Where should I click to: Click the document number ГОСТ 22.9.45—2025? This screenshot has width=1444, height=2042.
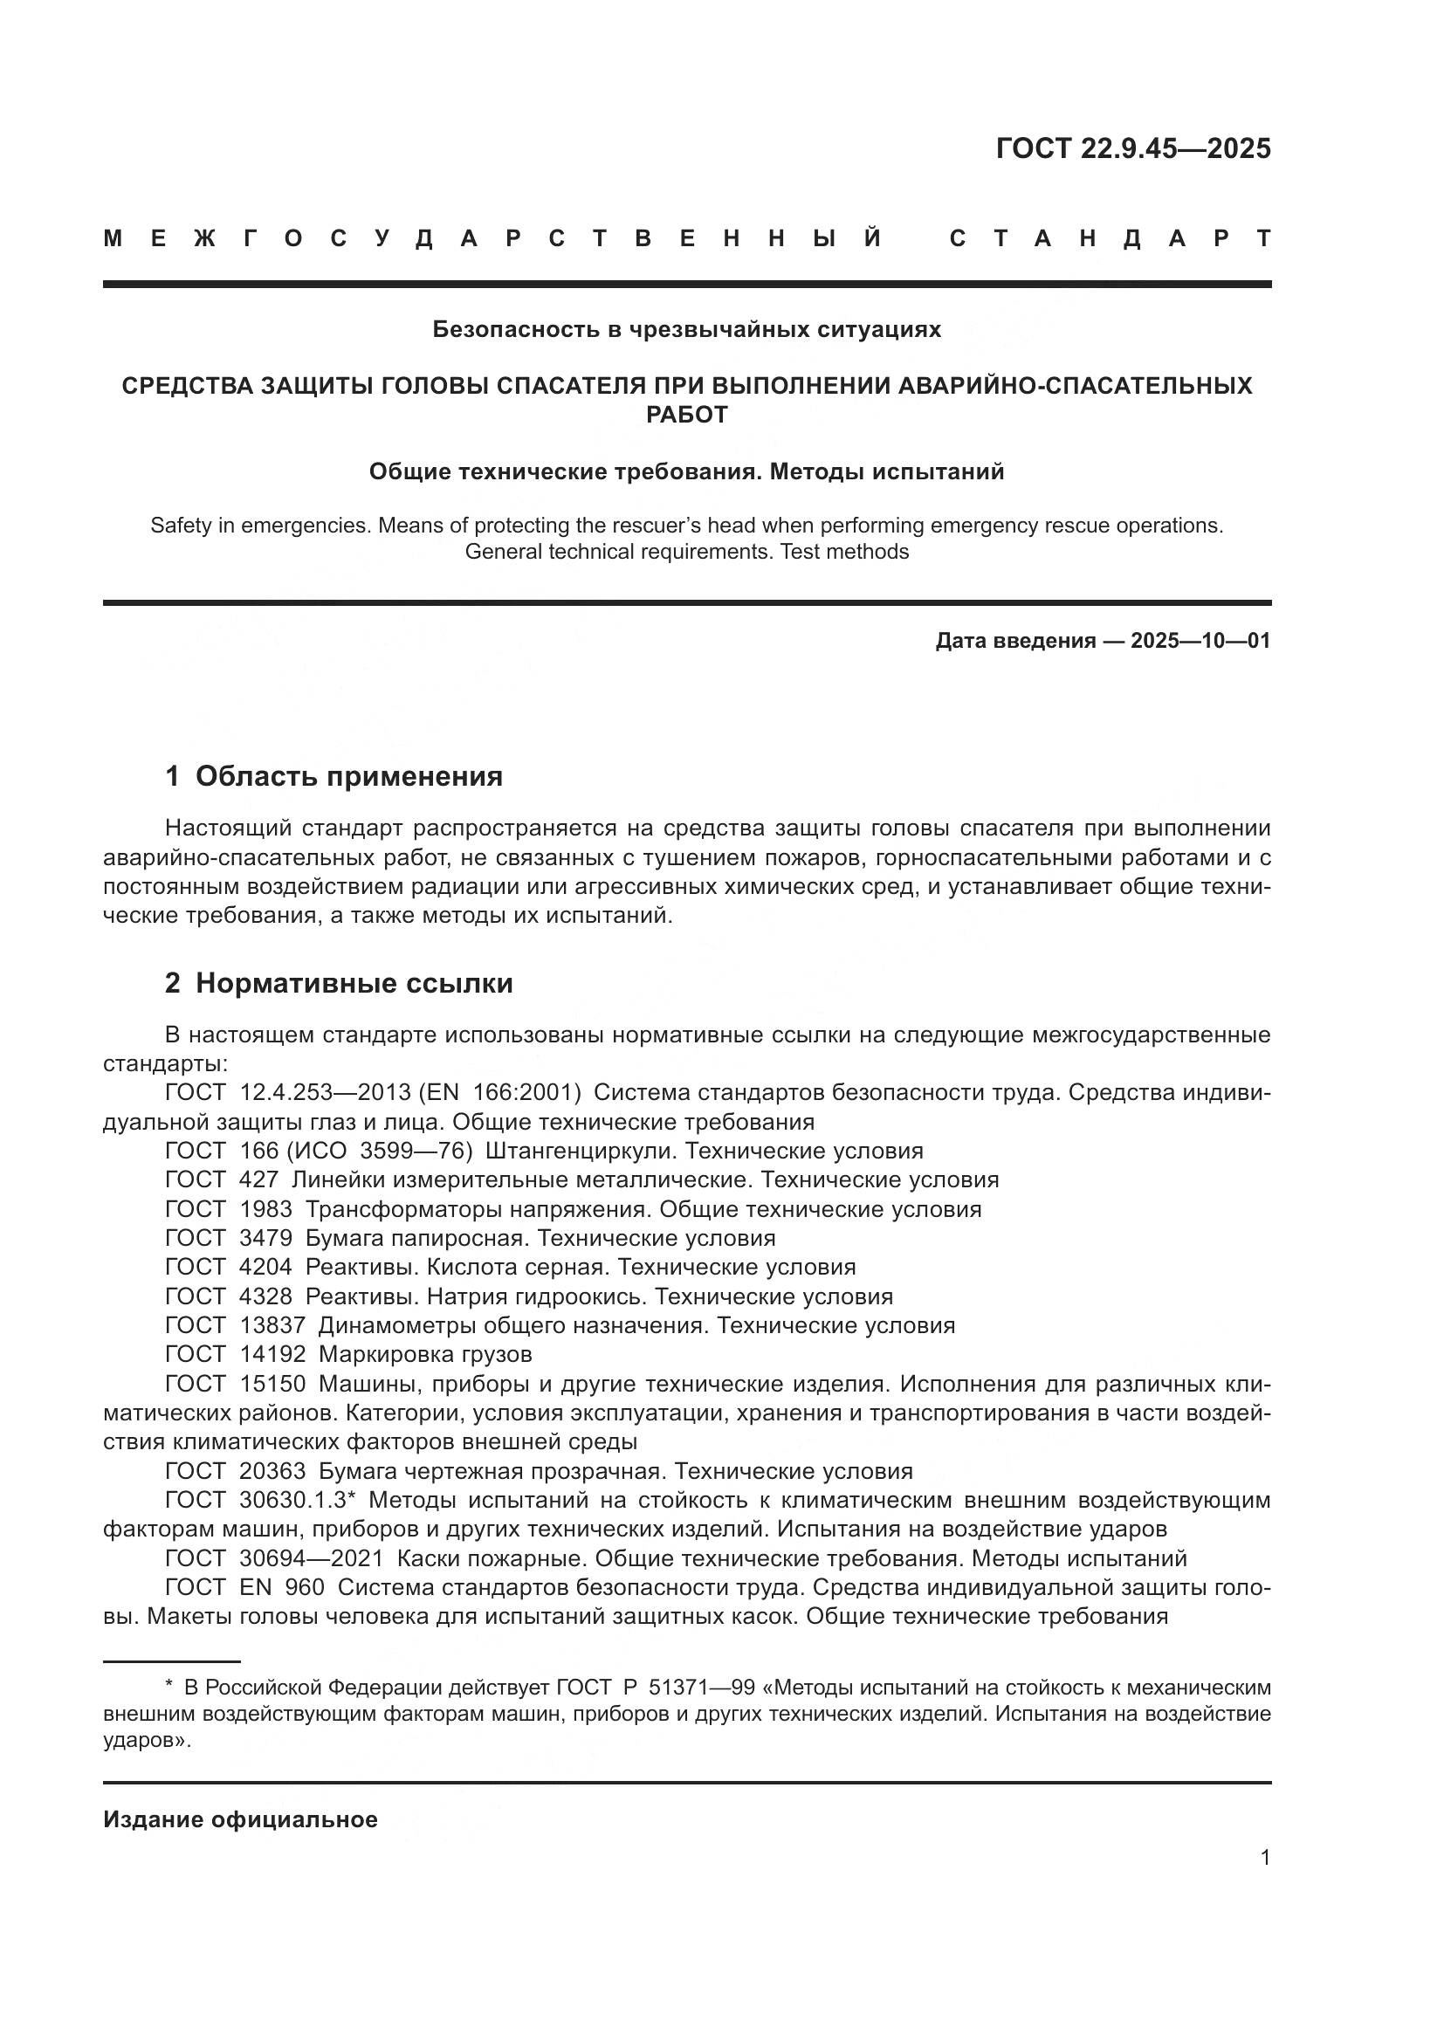(1133, 148)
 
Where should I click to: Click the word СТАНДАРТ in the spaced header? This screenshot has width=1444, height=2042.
(1110, 238)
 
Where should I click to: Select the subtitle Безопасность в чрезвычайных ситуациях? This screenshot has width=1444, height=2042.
(686, 329)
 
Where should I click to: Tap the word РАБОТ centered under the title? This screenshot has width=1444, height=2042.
(686, 415)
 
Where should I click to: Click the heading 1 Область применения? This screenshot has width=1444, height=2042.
(333, 776)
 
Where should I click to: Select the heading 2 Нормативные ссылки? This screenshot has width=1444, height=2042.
(339, 983)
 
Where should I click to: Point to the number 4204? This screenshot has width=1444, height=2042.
(265, 1268)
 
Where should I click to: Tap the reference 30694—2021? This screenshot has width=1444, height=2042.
(311, 1558)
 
